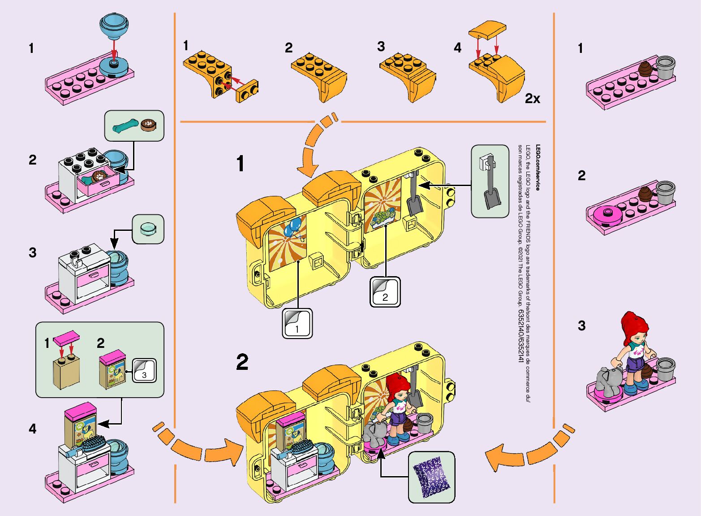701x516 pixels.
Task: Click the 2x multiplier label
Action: pyautogui.click(x=532, y=99)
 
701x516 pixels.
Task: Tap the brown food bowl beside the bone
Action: pyautogui.click(x=147, y=125)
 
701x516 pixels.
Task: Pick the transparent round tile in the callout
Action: pyautogui.click(x=148, y=229)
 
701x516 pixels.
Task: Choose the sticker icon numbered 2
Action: pyautogui.click(x=385, y=291)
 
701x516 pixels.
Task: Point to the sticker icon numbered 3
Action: pyautogui.click(x=144, y=370)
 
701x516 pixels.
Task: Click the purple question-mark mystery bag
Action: pyautogui.click(x=431, y=478)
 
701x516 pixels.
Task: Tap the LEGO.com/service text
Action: pyautogui.click(x=538, y=167)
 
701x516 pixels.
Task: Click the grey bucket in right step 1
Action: pyautogui.click(x=665, y=67)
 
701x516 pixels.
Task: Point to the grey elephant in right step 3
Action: pyautogui.click(x=608, y=380)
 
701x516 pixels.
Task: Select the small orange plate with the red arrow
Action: pyautogui.click(x=247, y=91)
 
